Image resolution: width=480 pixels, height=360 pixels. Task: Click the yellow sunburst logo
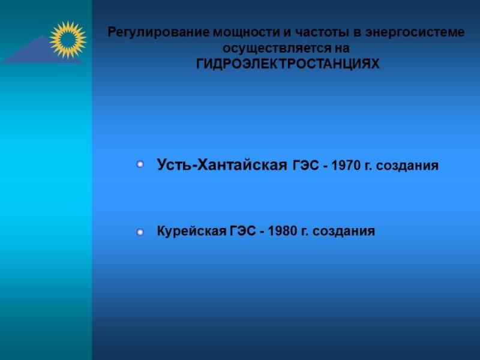coord(68,40)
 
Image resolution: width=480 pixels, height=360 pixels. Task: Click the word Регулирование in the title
coord(159,32)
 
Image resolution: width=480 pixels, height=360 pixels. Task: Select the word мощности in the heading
coord(247,32)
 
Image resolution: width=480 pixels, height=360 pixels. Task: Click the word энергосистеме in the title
coord(415,32)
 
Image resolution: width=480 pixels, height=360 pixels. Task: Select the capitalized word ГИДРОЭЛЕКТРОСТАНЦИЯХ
coord(288,64)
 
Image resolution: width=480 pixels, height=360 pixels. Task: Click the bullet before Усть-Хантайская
coord(140,164)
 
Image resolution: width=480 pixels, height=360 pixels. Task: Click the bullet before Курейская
coord(140,232)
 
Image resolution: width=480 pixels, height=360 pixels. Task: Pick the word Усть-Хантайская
coord(222,165)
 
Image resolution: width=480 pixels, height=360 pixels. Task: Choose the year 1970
coord(346,166)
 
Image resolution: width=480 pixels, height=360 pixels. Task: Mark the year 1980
coord(283,231)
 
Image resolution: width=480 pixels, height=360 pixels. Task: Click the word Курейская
coord(191,231)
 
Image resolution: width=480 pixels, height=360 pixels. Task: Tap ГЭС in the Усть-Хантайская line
coord(306,166)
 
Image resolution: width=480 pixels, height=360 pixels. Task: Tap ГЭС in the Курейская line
coord(242,231)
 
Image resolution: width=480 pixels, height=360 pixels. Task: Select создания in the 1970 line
coord(407,166)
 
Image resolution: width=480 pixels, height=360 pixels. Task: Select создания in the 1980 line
coord(343,231)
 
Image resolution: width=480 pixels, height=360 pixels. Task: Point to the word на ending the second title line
coord(342,49)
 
